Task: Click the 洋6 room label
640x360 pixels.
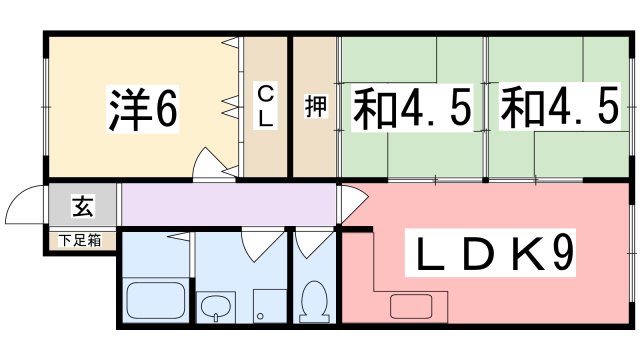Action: click(142, 111)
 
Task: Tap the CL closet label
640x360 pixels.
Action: click(266, 106)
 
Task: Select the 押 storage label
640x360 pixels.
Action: click(314, 107)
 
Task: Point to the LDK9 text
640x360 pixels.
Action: click(494, 256)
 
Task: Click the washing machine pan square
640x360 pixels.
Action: click(268, 306)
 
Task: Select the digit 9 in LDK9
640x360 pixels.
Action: click(562, 256)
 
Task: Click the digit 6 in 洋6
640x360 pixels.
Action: click(166, 111)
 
